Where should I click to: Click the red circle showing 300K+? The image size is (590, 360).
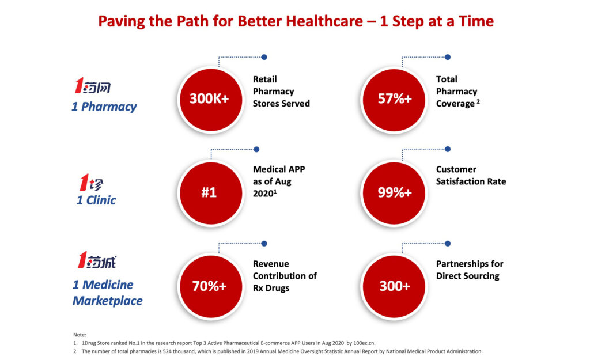click(211, 100)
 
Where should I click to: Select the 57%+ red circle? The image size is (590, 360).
click(394, 100)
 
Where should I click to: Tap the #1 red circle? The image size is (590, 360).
click(211, 193)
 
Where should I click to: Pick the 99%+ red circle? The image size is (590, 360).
click(394, 193)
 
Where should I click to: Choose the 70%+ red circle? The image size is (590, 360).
click(211, 287)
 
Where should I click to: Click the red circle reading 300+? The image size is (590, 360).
click(394, 287)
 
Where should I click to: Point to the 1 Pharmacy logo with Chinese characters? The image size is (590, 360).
click(93, 85)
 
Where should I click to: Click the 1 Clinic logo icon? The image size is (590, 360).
click(92, 183)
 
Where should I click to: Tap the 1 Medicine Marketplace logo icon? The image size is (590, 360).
click(97, 260)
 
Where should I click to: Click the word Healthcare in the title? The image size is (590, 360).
click(324, 21)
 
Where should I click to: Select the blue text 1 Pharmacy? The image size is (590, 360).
click(104, 107)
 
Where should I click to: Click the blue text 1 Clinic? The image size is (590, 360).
click(96, 200)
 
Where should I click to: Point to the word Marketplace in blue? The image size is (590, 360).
click(108, 301)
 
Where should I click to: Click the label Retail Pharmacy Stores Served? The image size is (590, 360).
click(281, 92)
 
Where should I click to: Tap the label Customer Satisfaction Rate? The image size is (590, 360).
click(471, 175)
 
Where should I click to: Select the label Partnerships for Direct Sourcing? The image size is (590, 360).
click(470, 270)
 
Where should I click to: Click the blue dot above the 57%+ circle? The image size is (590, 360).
click(447, 57)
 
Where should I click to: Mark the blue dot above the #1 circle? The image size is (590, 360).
click(256, 149)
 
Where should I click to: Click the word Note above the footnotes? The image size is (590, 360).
click(80, 335)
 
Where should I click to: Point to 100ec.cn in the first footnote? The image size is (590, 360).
click(364, 343)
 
